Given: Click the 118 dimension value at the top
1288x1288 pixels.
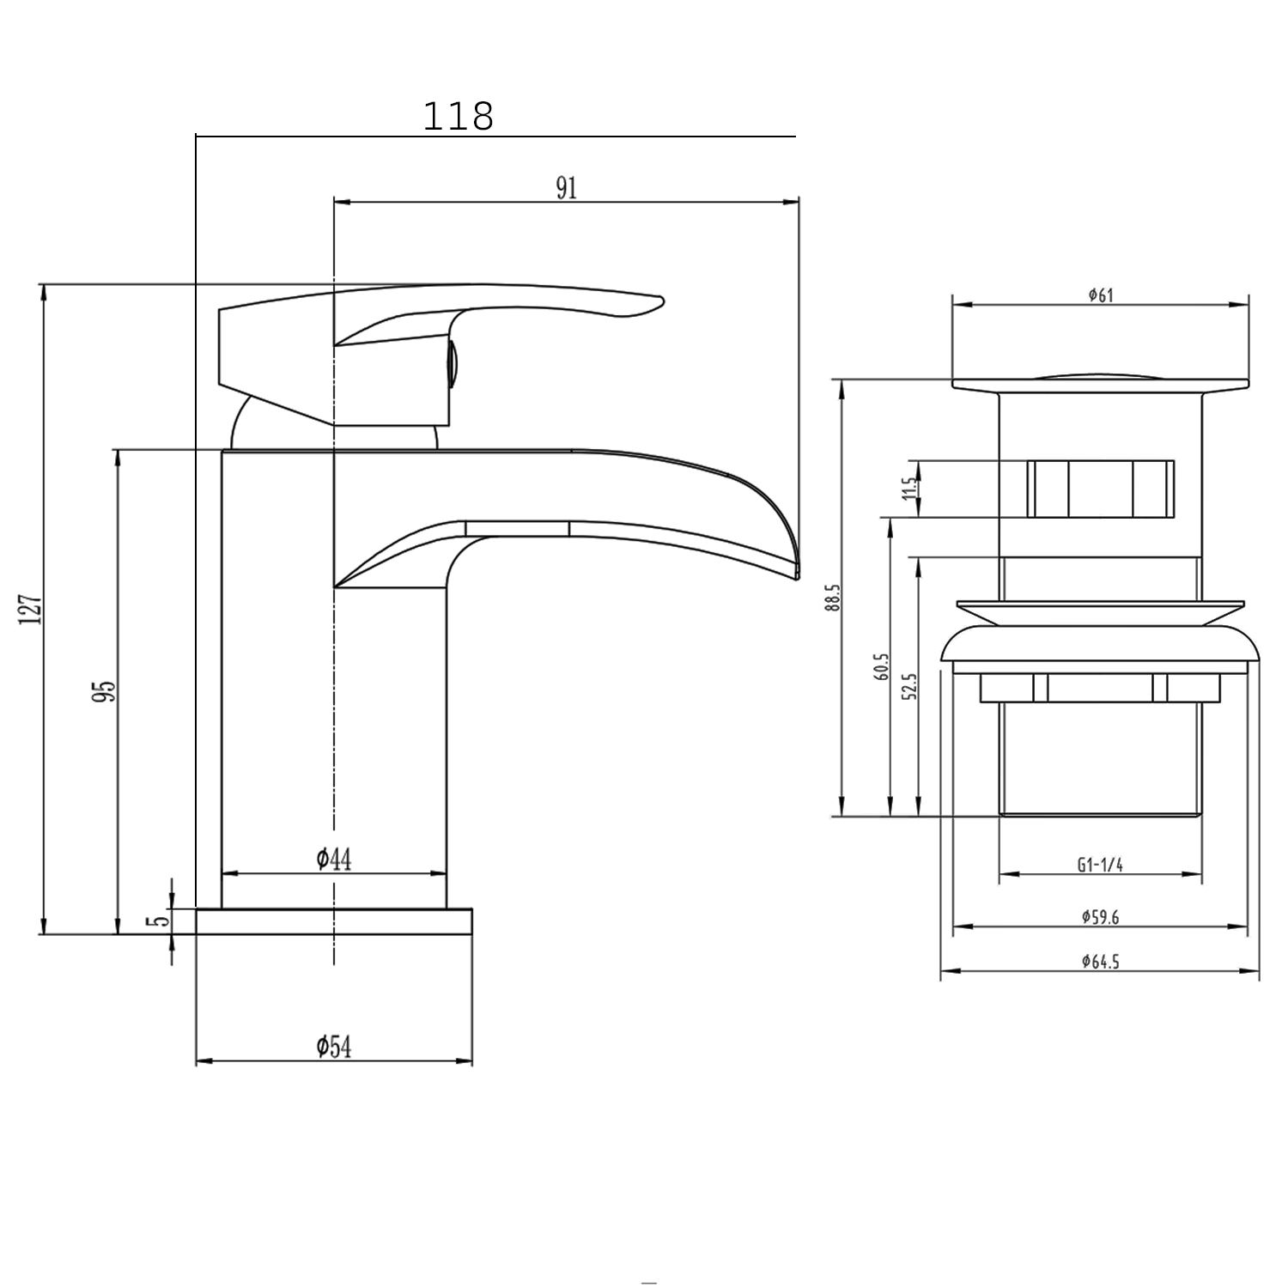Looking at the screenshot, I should point(459,117).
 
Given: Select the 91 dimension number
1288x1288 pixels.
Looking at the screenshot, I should point(566,187).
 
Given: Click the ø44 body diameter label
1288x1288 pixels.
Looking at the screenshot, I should point(333,859).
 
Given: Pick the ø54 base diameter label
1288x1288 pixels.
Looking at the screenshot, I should point(333,1047).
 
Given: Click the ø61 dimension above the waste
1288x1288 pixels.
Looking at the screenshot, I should point(1100,295).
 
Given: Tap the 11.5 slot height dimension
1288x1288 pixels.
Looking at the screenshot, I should point(909,489).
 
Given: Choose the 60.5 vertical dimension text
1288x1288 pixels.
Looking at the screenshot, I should point(881,666).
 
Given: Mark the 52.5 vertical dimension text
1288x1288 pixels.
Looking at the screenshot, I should point(909,686).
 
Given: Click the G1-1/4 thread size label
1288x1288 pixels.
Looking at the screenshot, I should point(1100,866).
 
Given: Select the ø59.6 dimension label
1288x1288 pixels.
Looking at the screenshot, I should point(1100,917).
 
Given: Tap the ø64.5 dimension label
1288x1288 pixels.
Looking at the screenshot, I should point(1100,962).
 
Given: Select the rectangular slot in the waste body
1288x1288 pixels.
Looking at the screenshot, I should point(1100,489).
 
